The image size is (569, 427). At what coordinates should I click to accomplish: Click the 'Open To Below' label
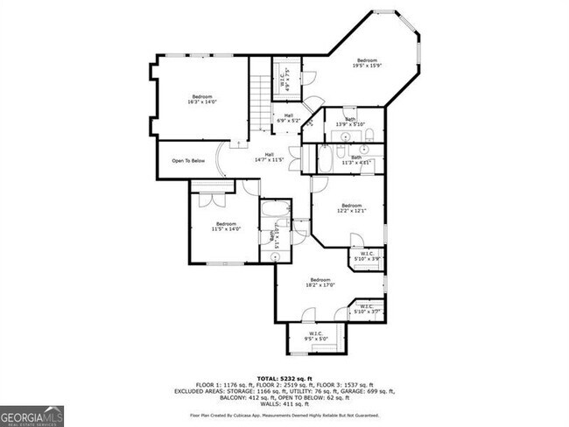point(188,161)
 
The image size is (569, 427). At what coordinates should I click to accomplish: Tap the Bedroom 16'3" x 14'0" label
point(202,99)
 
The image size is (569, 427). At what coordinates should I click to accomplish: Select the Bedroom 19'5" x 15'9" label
point(367,63)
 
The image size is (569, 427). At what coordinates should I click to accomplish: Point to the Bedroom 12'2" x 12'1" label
point(352,208)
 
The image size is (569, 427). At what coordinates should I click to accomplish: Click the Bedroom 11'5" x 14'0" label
point(226,227)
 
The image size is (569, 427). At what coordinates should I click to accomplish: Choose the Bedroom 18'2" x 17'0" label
point(319,283)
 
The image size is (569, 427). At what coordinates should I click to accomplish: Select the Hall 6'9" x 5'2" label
point(288,118)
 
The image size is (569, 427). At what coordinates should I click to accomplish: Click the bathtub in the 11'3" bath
point(323,159)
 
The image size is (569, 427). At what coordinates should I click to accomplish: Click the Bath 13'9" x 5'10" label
point(349,122)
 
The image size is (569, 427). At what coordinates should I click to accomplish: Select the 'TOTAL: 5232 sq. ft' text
point(284,378)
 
